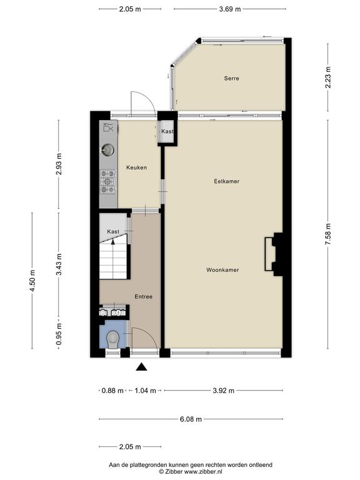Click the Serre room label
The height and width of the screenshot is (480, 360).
(231, 78)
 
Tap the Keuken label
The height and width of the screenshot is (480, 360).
(136, 167)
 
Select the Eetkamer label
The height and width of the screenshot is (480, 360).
(226, 181)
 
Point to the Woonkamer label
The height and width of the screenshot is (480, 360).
(222, 270)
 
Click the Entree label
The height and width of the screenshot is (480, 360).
(144, 297)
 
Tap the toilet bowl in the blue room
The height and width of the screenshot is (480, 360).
(112, 339)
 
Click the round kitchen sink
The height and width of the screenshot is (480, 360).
(107, 150)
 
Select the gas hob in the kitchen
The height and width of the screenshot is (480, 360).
(108, 182)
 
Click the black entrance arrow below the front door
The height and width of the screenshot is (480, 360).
(141, 367)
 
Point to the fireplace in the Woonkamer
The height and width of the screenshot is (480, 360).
(273, 254)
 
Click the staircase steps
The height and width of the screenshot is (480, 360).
(113, 259)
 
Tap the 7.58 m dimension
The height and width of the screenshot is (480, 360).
(328, 234)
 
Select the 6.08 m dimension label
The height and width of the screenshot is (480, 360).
(191, 419)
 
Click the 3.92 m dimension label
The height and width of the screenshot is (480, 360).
(224, 391)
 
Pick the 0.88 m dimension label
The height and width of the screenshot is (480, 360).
(112, 391)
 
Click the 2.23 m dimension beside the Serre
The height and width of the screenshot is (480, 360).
(328, 77)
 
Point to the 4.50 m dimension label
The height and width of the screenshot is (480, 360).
(32, 281)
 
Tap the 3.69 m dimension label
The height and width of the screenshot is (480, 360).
(230, 9)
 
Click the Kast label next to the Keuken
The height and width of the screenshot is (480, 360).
(167, 131)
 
